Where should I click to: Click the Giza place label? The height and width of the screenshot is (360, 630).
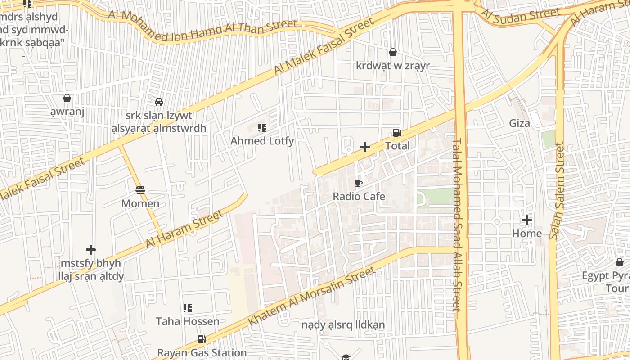(x=519, y=123)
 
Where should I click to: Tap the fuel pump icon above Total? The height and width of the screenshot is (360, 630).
(x=397, y=133)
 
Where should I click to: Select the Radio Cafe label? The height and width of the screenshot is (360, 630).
(x=359, y=196)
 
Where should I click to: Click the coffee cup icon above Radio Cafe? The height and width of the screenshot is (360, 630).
(x=358, y=183)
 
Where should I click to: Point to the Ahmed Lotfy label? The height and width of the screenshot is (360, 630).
(x=262, y=141)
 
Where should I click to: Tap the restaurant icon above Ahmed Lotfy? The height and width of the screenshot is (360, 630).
(x=261, y=128)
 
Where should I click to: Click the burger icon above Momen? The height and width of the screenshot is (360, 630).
(x=140, y=190)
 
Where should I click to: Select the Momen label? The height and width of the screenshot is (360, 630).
(x=140, y=203)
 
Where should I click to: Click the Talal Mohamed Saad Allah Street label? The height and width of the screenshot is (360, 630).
(x=457, y=224)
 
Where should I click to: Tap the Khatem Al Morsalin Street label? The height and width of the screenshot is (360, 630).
(x=311, y=296)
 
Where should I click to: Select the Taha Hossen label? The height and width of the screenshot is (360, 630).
(x=188, y=321)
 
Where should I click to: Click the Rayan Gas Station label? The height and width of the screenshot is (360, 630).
(x=202, y=353)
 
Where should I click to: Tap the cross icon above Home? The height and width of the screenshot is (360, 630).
(x=526, y=220)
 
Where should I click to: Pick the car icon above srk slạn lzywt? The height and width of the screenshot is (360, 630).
(x=159, y=102)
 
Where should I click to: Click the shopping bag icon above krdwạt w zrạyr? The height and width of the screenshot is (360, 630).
(x=393, y=53)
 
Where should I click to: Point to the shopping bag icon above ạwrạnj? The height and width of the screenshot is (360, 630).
(x=67, y=98)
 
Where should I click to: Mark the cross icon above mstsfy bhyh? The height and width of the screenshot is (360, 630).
(x=91, y=250)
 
